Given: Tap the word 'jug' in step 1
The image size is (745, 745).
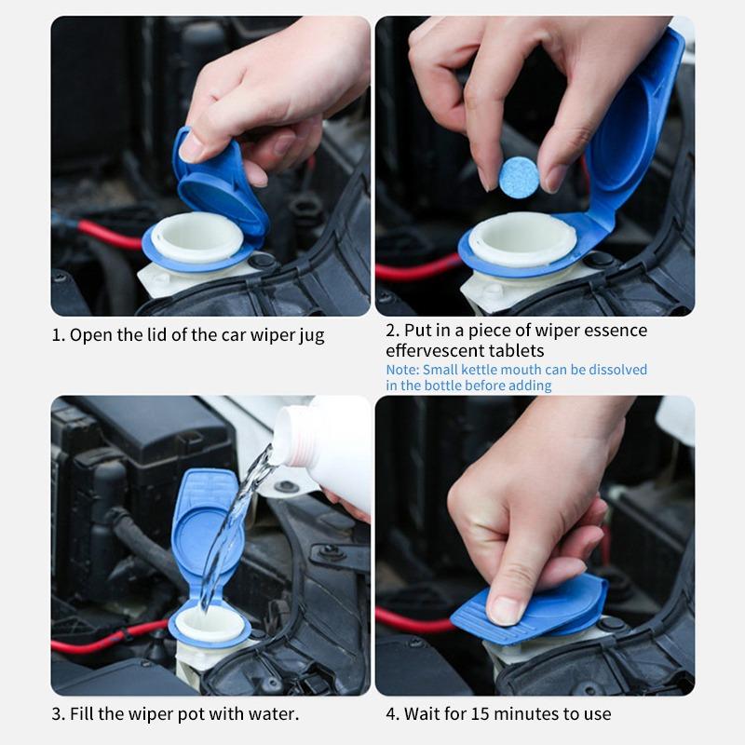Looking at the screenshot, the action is coord(312,336).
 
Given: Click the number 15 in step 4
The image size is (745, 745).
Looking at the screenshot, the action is coord(480,713).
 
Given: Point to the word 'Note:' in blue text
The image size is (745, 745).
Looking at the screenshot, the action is coord(402,370).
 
